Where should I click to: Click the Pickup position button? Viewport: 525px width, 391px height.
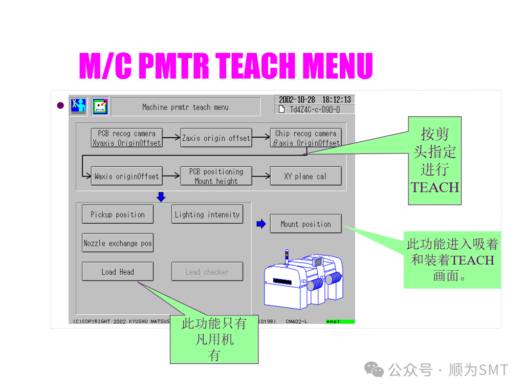(x=118, y=214)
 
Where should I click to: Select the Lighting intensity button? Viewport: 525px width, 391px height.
(x=207, y=214)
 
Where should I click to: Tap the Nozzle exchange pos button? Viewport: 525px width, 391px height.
(x=118, y=243)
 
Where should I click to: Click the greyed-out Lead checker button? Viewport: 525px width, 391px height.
(x=207, y=272)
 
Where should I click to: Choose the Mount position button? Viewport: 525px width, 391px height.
(x=305, y=224)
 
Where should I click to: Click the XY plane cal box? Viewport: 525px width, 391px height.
(x=305, y=176)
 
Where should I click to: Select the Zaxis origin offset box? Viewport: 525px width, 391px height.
(x=216, y=138)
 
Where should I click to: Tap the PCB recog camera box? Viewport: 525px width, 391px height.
(x=126, y=138)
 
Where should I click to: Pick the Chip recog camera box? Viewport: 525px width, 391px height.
(x=305, y=138)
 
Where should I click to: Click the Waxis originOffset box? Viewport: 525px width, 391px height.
(x=126, y=176)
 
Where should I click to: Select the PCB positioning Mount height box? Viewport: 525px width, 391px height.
(x=216, y=176)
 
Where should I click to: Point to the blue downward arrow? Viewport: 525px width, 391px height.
(x=161, y=197)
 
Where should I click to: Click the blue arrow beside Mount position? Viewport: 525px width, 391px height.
(x=261, y=224)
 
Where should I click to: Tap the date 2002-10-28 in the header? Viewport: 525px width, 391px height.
(x=297, y=100)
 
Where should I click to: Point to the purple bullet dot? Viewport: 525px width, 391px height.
(x=60, y=106)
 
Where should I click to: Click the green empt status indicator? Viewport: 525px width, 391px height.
(x=340, y=321)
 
